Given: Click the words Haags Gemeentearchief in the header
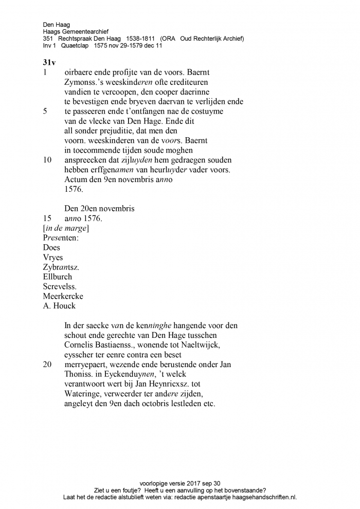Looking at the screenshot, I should click(x=76, y=31).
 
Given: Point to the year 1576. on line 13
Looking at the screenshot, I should click(x=74, y=189).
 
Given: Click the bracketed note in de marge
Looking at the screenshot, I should click(x=66, y=228).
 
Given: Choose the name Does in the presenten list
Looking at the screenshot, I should click(x=51, y=247).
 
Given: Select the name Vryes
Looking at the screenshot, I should click(x=53, y=257).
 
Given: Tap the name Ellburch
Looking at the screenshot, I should click(x=58, y=277).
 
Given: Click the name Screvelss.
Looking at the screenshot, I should click(x=60, y=286).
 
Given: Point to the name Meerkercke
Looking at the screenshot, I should click(x=63, y=296).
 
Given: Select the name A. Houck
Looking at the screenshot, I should click(x=59, y=306).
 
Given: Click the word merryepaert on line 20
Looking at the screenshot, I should click(x=88, y=365).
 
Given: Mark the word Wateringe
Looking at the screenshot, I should click(x=84, y=394).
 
